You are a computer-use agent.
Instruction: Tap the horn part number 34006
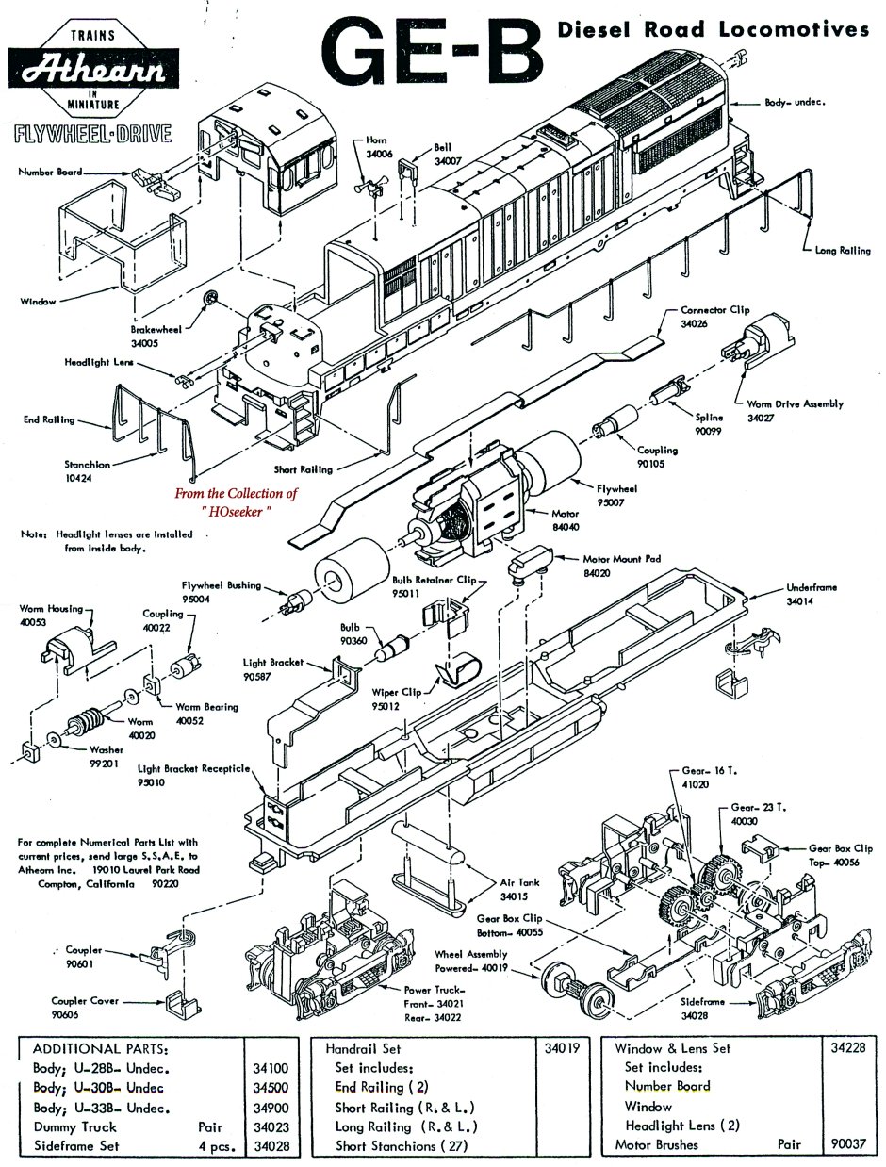pos(378,152)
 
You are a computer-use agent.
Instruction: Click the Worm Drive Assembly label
pos(795,403)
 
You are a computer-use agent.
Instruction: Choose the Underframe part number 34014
pos(799,601)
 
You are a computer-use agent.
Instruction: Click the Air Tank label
pos(515,883)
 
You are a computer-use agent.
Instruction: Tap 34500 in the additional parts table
pos(270,1087)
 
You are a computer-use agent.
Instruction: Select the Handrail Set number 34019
pos(562,1047)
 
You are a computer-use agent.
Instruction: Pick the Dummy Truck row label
pos(74,1126)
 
